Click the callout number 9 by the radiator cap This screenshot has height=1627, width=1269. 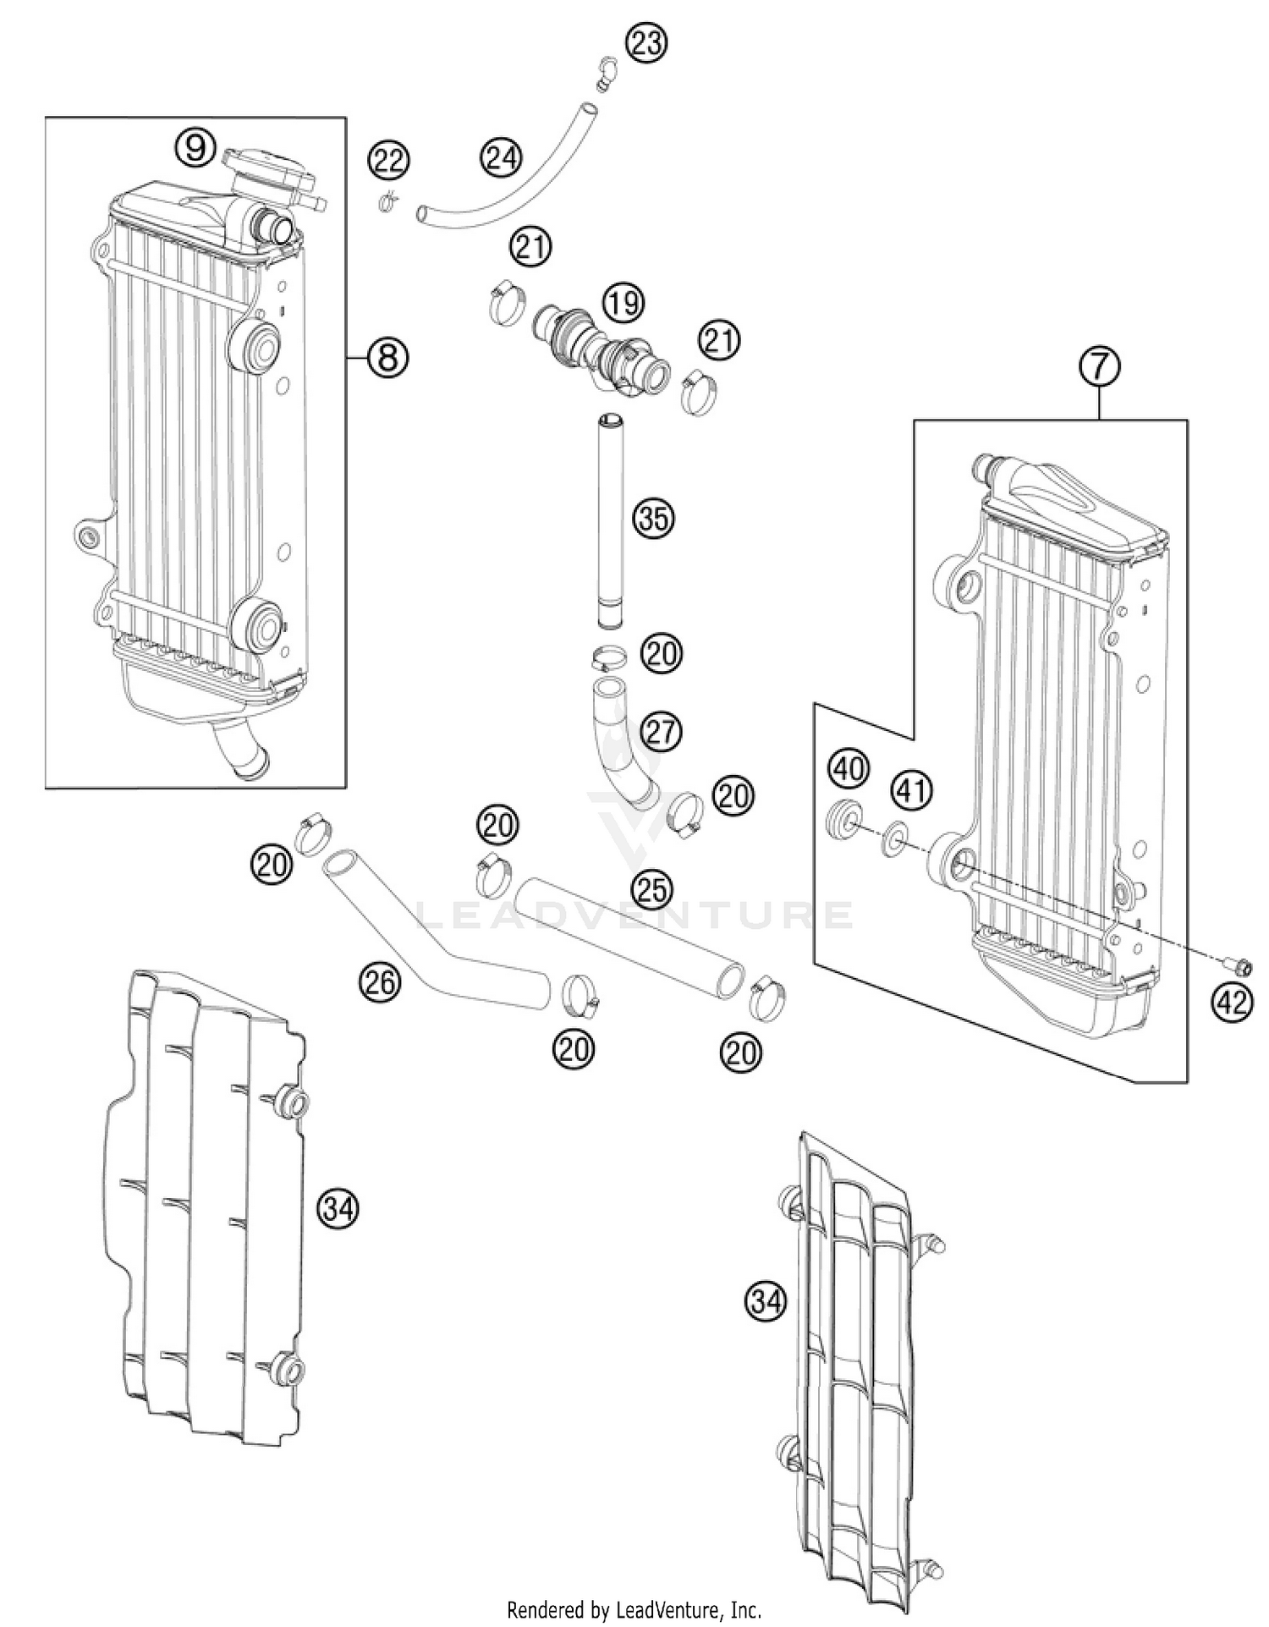tap(195, 148)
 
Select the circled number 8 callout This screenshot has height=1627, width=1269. tap(387, 357)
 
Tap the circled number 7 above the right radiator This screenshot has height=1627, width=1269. tap(1099, 367)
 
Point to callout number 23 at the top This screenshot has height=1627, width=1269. tap(645, 43)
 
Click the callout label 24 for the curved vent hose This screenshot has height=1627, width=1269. tap(502, 157)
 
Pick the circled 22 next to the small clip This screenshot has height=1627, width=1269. tap(388, 160)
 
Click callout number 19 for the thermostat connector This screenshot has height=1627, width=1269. tap(624, 303)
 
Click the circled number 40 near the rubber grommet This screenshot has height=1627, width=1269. tap(849, 768)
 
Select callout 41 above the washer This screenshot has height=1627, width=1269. tap(912, 790)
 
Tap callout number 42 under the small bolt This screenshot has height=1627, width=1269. tap(1231, 1002)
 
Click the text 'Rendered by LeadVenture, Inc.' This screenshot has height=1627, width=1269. tap(634, 1609)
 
